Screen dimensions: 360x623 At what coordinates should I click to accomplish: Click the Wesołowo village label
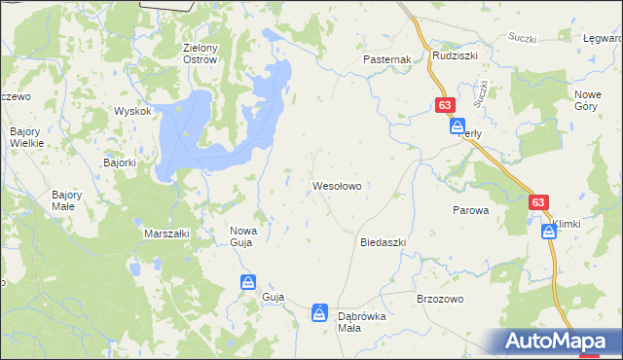click(x=337, y=184)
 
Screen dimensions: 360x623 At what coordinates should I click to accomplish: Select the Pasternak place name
click(x=388, y=59)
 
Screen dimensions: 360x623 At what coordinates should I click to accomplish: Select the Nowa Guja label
click(x=242, y=236)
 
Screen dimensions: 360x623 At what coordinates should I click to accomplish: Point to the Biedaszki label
click(x=383, y=241)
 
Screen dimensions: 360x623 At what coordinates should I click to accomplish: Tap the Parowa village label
click(x=470, y=210)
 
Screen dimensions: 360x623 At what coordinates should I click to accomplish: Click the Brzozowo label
click(x=438, y=299)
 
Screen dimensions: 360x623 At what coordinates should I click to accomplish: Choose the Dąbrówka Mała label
click(x=362, y=322)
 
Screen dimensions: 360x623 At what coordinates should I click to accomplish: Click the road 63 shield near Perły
click(x=445, y=105)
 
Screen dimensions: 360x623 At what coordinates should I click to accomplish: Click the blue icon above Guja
click(x=249, y=281)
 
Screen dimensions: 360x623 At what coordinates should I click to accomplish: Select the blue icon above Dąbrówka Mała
click(x=319, y=312)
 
